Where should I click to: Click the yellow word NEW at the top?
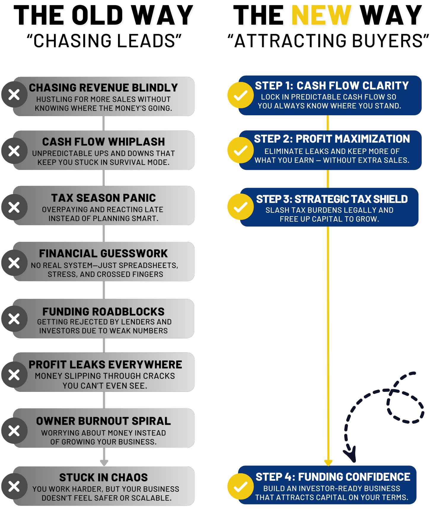[x=321, y=15]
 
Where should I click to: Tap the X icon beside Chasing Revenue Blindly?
[x=14, y=95]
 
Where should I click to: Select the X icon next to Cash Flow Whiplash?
[x=14, y=151]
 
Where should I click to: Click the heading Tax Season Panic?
[x=103, y=198]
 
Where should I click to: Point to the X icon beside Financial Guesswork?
[x=14, y=263]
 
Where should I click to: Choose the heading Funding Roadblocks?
[x=103, y=312]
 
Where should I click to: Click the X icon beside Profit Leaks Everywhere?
[x=14, y=375]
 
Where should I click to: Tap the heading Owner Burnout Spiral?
[x=103, y=421]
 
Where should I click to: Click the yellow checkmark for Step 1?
[x=241, y=95]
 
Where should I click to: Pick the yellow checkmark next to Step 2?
[x=241, y=150]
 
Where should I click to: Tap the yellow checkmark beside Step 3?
[x=241, y=207]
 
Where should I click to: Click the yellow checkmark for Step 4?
[x=241, y=487]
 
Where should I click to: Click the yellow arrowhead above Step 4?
[x=328, y=463]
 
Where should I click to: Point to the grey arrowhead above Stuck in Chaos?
[x=104, y=463]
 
